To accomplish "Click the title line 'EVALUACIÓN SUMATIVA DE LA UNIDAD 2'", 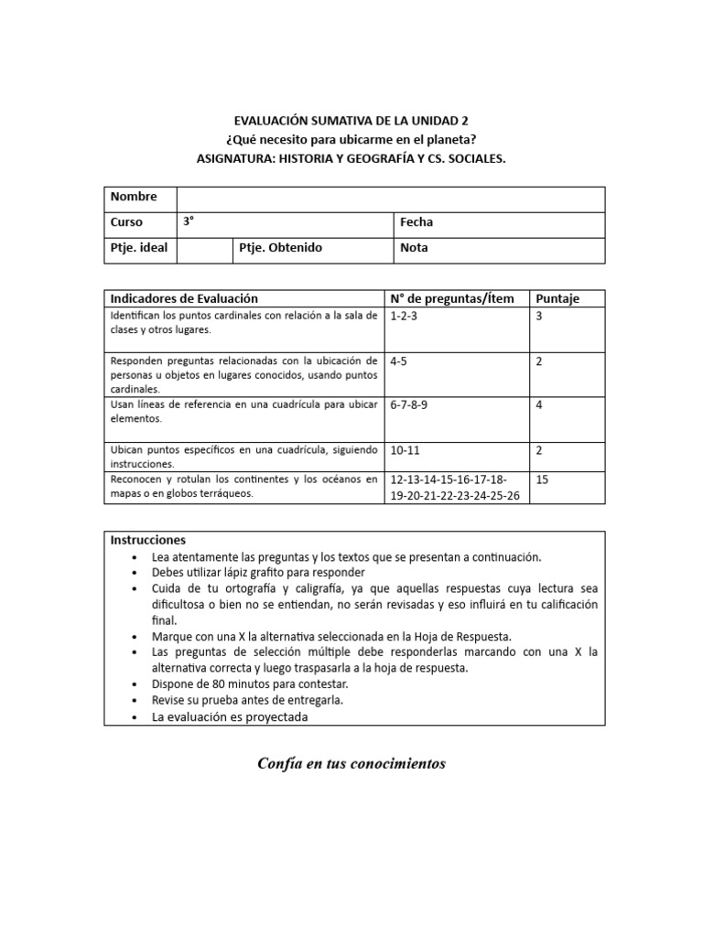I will click(x=351, y=120).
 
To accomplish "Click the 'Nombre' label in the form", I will click(x=134, y=197).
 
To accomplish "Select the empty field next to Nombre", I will click(x=390, y=199).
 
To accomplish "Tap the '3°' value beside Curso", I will click(x=189, y=222).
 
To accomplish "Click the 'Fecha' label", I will click(x=416, y=222).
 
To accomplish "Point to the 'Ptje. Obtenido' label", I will click(x=280, y=248).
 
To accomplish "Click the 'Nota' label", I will click(x=414, y=248).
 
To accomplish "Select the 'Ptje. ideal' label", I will click(x=139, y=248).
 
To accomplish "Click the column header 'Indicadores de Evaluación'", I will click(x=184, y=298).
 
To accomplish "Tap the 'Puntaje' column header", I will click(x=557, y=298).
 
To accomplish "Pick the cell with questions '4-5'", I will click(x=399, y=361).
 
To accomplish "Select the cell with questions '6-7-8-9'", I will click(x=410, y=405).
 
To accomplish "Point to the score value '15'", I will click(x=542, y=479).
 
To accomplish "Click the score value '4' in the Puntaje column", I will click(x=539, y=405).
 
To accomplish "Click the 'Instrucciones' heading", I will click(x=148, y=540).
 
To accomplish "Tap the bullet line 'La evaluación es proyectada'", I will click(x=231, y=717).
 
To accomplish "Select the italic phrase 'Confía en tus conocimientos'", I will click(x=351, y=763).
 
